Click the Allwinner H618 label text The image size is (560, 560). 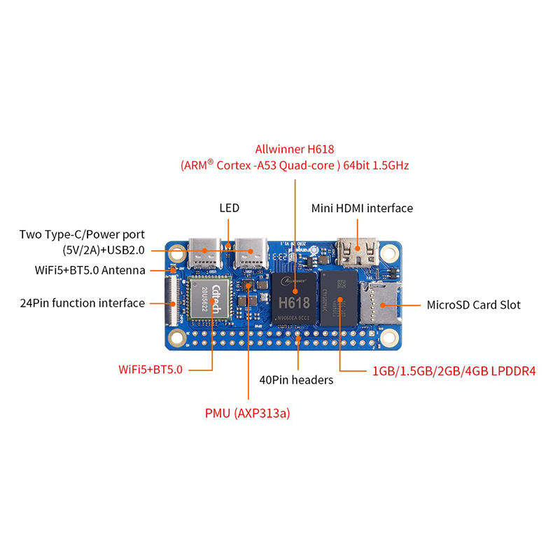point(295,149)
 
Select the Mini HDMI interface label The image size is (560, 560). point(361,208)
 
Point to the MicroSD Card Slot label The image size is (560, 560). point(473,305)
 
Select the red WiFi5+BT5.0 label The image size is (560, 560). point(150,369)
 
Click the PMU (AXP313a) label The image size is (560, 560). point(247,413)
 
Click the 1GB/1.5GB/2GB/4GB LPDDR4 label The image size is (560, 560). point(454,370)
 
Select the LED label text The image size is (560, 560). point(229,208)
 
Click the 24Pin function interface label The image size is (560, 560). point(83,303)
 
